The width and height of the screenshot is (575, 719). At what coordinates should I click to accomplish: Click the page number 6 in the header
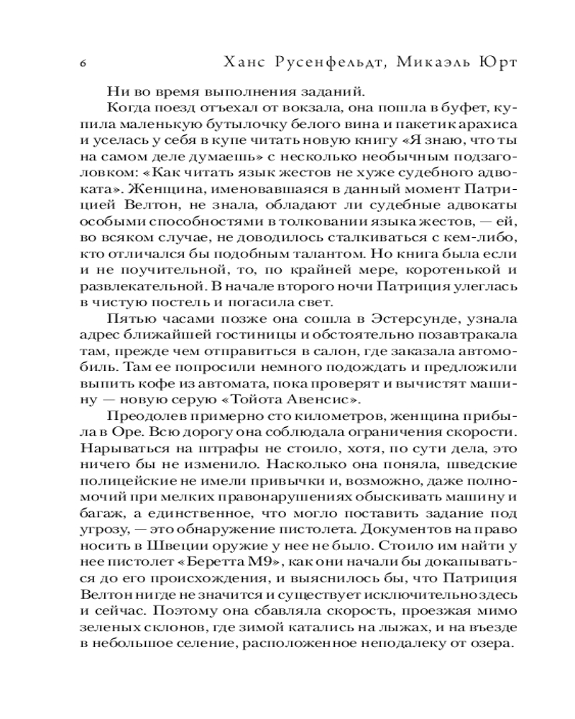pyautogui.click(x=84, y=63)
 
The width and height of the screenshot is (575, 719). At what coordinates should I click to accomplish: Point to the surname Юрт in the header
pyautogui.click(x=502, y=62)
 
